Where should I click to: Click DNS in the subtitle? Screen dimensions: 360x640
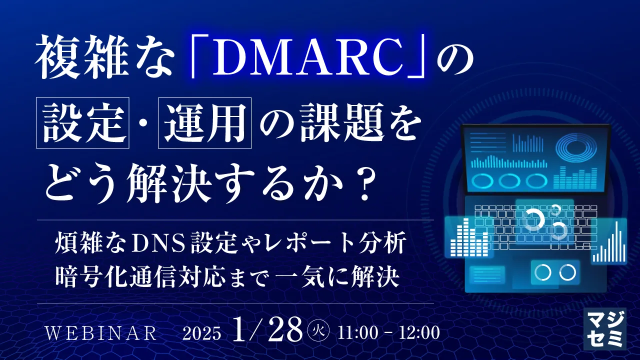153,245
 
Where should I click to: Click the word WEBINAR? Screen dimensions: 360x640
101,333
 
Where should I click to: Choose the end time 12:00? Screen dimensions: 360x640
421,333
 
